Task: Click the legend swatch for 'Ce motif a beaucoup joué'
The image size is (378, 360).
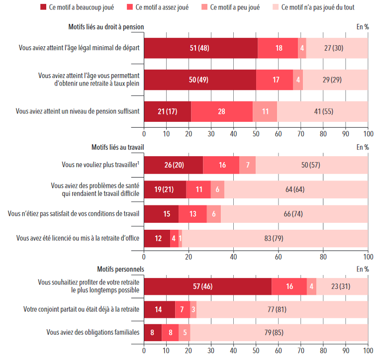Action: pos(42,7)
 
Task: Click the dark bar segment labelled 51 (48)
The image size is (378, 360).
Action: pos(201,48)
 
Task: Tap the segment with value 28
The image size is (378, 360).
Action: pos(222,111)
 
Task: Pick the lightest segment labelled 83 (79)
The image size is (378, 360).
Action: pos(275,238)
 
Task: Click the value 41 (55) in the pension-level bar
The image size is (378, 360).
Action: pos(322,111)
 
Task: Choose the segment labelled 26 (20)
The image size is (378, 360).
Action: pos(173,165)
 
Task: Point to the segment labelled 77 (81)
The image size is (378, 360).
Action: pos(282,309)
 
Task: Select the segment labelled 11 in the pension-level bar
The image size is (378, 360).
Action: pos(266,111)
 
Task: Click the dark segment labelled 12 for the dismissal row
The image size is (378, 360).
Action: pos(157,238)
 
